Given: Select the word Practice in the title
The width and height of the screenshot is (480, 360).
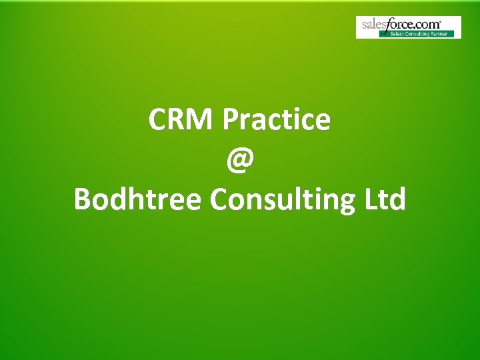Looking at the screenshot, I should click(x=277, y=121).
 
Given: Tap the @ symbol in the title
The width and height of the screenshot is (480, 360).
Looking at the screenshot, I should click(x=239, y=160).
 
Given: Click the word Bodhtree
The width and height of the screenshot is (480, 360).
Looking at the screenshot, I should click(x=137, y=199).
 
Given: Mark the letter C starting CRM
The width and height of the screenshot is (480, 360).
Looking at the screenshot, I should click(x=158, y=121).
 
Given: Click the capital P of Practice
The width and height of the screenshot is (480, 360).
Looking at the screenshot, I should click(x=231, y=121).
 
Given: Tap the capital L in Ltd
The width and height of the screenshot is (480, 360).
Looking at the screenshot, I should click(x=367, y=199).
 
